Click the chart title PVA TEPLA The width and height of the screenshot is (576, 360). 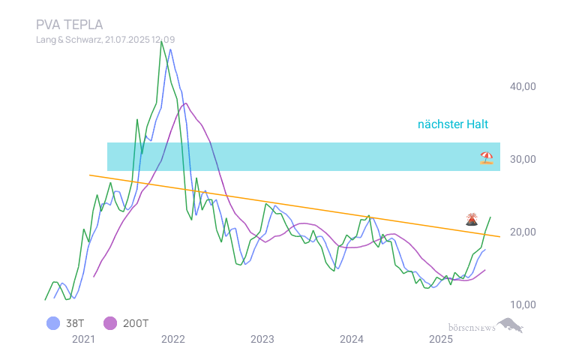[70, 24]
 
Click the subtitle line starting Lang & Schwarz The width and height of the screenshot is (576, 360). [106, 39]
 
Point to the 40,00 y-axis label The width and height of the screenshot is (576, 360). [522, 86]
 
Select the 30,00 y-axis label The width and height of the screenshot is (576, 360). [522, 159]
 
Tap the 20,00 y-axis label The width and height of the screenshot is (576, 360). [522, 232]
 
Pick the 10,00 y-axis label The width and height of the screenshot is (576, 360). [522, 304]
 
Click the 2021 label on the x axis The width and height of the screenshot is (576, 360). [83, 339]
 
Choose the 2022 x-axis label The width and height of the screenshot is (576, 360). [172, 339]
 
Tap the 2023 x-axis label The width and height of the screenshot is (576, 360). [262, 339]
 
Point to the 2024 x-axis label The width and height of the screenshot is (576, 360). [352, 339]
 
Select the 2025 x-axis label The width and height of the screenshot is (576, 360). [441, 339]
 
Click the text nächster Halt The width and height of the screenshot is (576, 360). [453, 124]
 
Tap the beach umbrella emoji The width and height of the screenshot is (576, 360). [487, 157]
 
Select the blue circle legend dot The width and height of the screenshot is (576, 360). [52, 323]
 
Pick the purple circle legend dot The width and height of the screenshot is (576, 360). [110, 323]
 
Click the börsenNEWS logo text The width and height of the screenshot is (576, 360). [471, 328]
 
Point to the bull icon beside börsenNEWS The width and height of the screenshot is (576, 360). [510, 325]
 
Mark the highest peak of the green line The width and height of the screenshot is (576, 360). [162, 41]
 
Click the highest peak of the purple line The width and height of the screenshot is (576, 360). [184, 103]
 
